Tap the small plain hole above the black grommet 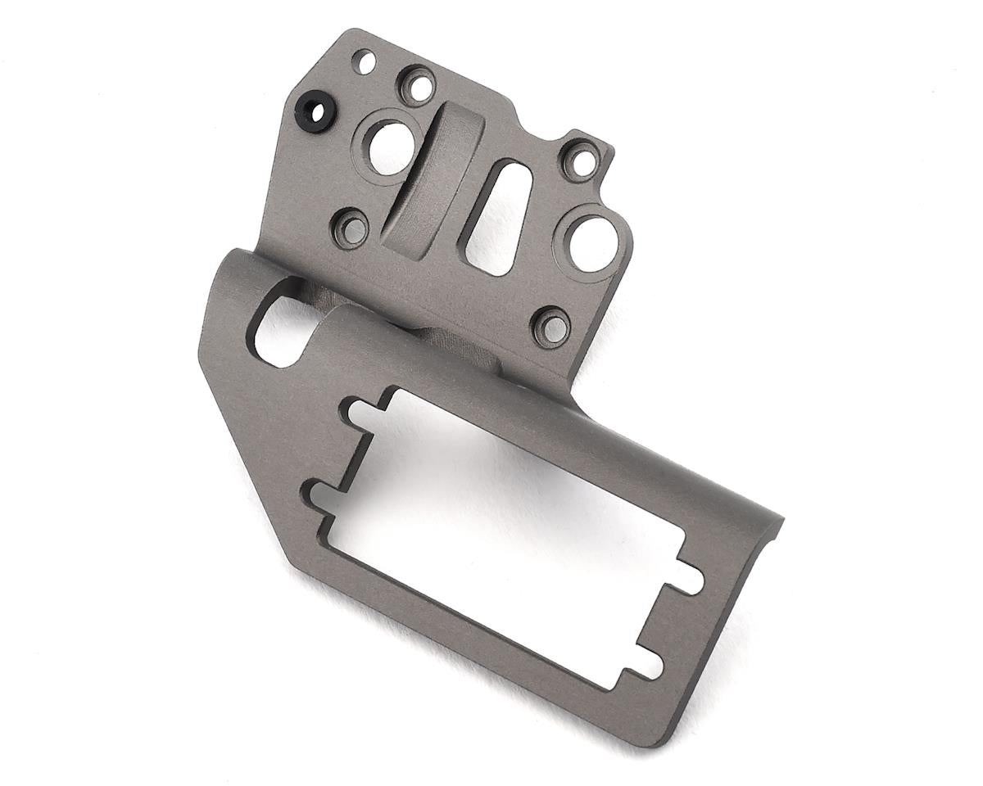[x=365, y=61]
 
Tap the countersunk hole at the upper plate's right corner [x=582, y=160]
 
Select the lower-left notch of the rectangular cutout [x=321, y=495]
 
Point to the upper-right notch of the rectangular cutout [x=687, y=579]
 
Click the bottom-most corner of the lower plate [x=655, y=741]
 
